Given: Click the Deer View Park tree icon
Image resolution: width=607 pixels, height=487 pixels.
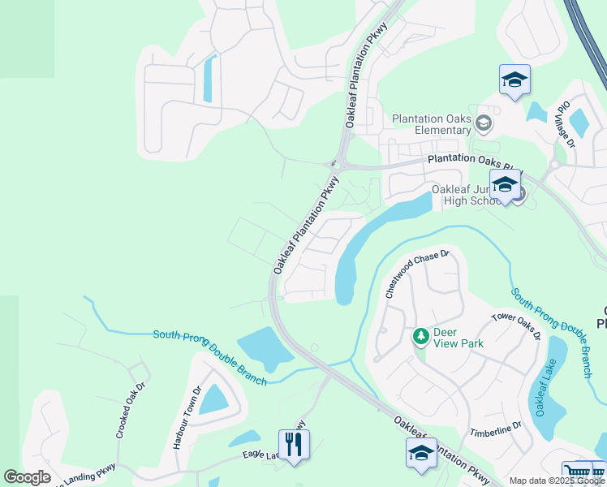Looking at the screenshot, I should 420,335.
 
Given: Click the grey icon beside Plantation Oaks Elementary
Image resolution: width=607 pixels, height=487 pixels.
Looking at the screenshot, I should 484,123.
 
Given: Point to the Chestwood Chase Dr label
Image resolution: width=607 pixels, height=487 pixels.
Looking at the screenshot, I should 417,274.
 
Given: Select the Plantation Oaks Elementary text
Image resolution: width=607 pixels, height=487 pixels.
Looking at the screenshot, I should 431,124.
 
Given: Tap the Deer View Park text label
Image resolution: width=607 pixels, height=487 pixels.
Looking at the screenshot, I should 458,338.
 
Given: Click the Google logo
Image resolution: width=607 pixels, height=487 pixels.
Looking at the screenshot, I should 27,477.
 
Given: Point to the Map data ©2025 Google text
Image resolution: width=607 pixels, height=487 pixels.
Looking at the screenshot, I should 556,481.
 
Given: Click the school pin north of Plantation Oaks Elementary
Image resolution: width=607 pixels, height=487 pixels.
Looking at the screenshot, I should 514,80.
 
